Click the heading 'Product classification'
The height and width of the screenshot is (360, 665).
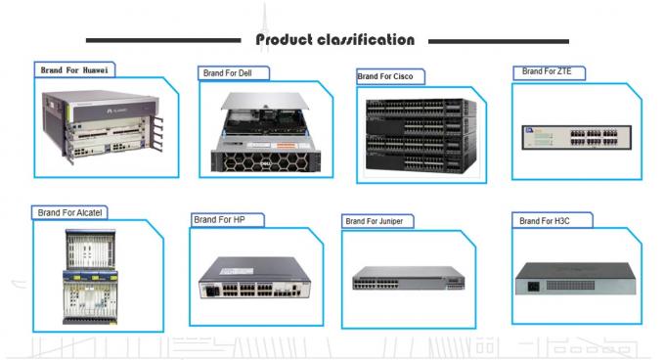(335, 40)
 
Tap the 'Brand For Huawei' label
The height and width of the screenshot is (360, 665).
(74, 70)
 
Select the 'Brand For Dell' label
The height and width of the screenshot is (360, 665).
(227, 73)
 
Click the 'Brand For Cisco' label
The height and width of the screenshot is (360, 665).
(385, 76)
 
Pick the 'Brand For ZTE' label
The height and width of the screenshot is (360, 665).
(547, 71)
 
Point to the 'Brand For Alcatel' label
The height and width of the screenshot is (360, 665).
(70, 212)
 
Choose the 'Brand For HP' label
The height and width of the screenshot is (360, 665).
(219, 220)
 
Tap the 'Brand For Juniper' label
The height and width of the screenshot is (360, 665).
(374, 221)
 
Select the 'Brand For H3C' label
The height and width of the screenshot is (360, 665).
(545, 221)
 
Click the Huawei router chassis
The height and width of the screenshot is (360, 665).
(103, 126)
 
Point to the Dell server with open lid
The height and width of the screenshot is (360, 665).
(266, 132)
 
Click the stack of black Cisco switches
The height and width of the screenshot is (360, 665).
(421, 135)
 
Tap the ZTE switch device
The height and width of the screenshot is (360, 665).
(576, 137)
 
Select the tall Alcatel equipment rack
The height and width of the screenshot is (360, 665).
(90, 277)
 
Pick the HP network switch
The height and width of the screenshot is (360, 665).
(255, 277)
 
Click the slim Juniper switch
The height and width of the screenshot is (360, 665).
(409, 278)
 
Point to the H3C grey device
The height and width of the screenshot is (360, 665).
(575, 279)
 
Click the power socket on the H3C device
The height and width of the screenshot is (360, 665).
(533, 287)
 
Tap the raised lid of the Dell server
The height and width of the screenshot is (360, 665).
(265, 101)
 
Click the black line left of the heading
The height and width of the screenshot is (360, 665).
(163, 41)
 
